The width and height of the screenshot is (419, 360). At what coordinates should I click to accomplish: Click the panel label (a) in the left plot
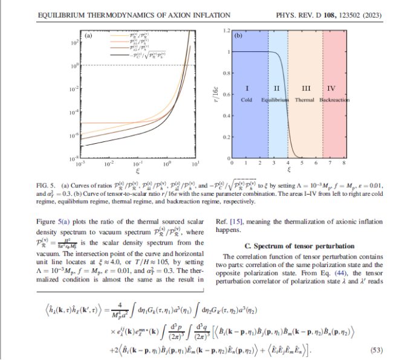click(88, 36)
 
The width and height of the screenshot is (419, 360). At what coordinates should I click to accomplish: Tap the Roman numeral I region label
click(246, 88)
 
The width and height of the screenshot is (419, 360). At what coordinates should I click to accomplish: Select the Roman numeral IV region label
click(331, 88)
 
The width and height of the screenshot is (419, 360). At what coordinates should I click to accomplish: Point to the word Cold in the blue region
click(246, 99)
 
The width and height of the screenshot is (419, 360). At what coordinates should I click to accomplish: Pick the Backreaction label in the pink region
click(334, 99)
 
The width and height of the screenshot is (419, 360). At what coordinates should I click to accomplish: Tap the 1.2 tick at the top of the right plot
click(226, 30)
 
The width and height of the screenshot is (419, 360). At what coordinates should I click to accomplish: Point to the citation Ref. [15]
click(227, 222)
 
